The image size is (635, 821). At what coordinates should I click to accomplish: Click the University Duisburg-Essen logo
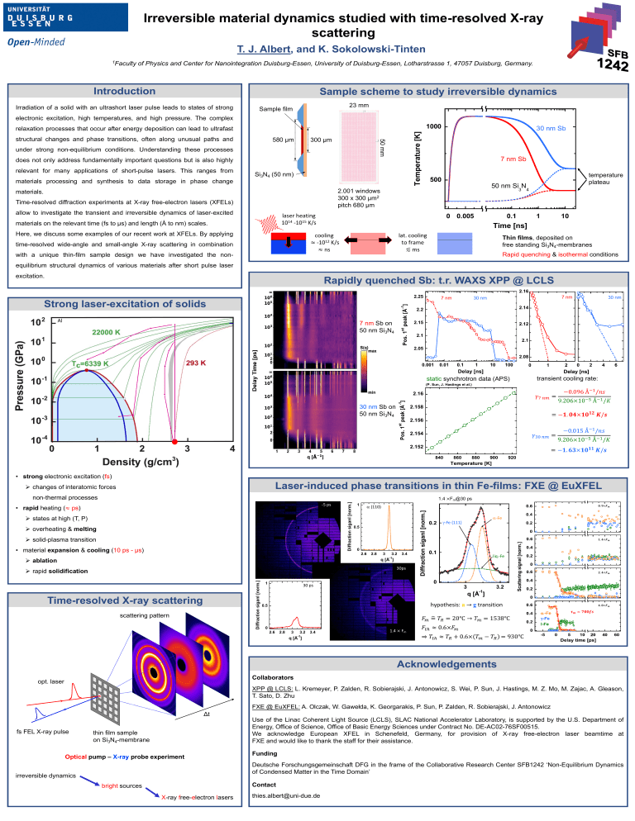click(x=52, y=28)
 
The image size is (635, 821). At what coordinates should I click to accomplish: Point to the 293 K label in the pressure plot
click(x=196, y=363)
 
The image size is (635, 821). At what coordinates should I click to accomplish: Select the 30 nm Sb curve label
click(x=550, y=129)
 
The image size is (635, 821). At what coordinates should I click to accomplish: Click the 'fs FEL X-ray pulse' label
click(x=42, y=733)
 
